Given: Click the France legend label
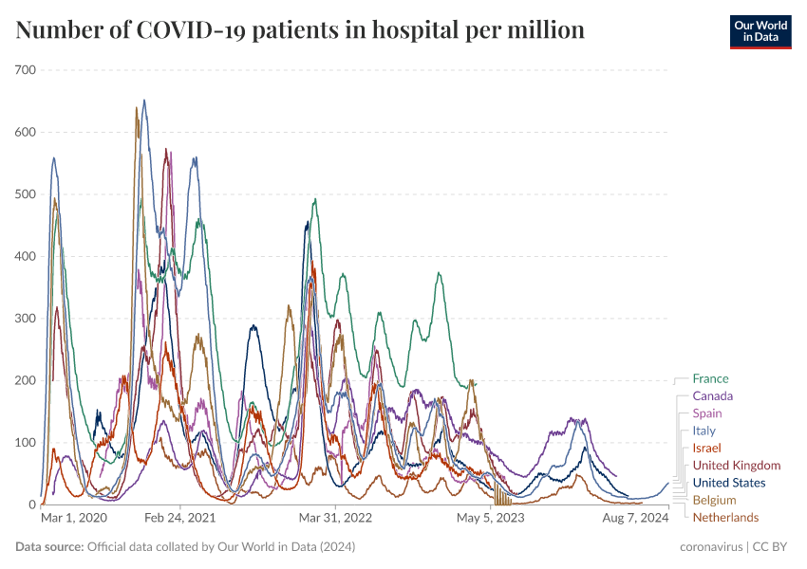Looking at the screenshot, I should [x=710, y=378].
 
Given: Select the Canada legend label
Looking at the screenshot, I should [x=712, y=395].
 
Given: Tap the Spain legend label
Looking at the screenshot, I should [x=706, y=413].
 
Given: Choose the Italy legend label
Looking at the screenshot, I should [x=704, y=431].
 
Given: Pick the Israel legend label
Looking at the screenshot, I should [x=706, y=448].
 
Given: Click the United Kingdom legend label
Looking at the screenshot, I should [x=736, y=465].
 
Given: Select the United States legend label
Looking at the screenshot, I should [x=728, y=483].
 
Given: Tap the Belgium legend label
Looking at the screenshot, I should [x=714, y=500].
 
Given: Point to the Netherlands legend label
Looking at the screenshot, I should [x=725, y=517].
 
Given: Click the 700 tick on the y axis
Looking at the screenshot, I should [x=25, y=70].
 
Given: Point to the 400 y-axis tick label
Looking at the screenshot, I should [x=25, y=256].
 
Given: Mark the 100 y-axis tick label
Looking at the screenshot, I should [x=25, y=443].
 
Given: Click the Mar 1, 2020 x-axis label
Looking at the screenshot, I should [x=74, y=519].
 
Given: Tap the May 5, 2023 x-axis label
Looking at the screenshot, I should [x=490, y=519].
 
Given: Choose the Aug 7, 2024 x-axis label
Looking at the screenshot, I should [x=635, y=519].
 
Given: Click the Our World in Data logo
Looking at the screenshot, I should [x=760, y=31].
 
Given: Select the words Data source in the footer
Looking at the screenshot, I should [x=48, y=547].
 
